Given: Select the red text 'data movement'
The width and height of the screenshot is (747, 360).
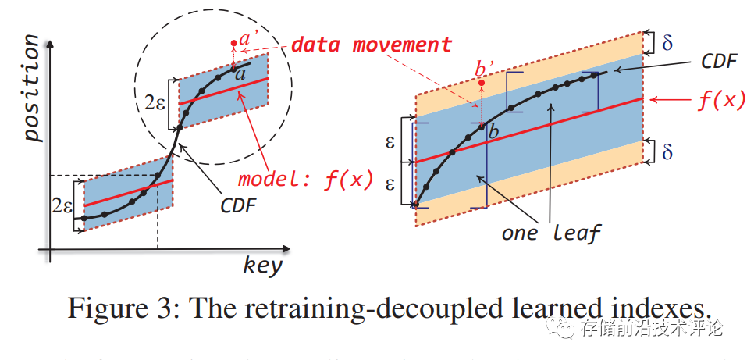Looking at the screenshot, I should click(371, 44).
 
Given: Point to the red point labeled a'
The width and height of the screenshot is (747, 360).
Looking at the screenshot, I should click(234, 43).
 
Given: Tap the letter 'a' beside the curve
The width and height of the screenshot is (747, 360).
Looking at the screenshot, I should click(240, 75).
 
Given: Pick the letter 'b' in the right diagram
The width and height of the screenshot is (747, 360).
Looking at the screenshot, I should click(493, 133).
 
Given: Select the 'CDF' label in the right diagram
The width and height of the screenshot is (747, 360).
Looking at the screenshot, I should click(719, 62).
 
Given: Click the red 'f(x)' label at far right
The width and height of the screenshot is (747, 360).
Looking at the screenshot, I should click(718, 101).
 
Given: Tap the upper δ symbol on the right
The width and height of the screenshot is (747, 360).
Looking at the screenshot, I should click(667, 42).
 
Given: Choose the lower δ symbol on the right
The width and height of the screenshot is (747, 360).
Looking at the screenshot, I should click(667, 150).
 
